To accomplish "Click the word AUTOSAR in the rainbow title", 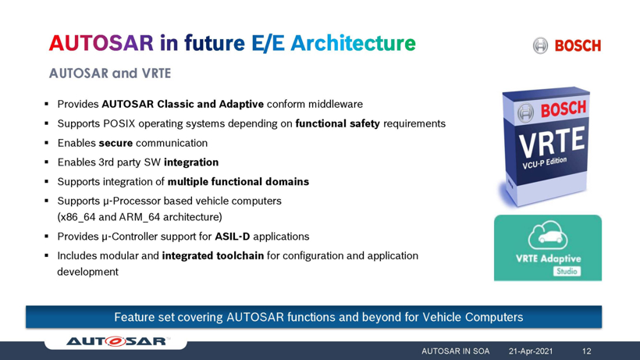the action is tap(101, 43).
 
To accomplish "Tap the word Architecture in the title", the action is tap(353, 43).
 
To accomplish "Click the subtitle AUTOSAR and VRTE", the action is tap(110, 73).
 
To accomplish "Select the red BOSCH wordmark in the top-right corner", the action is tap(578, 45).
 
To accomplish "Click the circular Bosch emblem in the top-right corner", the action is tap(540, 45).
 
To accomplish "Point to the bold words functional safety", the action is tap(337, 123).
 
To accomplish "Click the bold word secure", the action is tap(116, 143).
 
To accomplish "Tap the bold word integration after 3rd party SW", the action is tap(191, 162).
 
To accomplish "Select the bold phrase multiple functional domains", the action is tap(238, 182).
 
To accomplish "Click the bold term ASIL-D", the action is tap(233, 237).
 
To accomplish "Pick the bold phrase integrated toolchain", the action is tap(212, 256).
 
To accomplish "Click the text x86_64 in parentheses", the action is tap(76, 217).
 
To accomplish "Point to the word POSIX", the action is tap(119, 123).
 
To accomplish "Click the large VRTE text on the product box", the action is tap(552, 142).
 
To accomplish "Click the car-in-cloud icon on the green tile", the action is tap(548, 235).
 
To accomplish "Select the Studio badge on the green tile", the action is tap(567, 272).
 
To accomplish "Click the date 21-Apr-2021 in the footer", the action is tap(531, 351).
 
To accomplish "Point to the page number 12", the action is tap(586, 351).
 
